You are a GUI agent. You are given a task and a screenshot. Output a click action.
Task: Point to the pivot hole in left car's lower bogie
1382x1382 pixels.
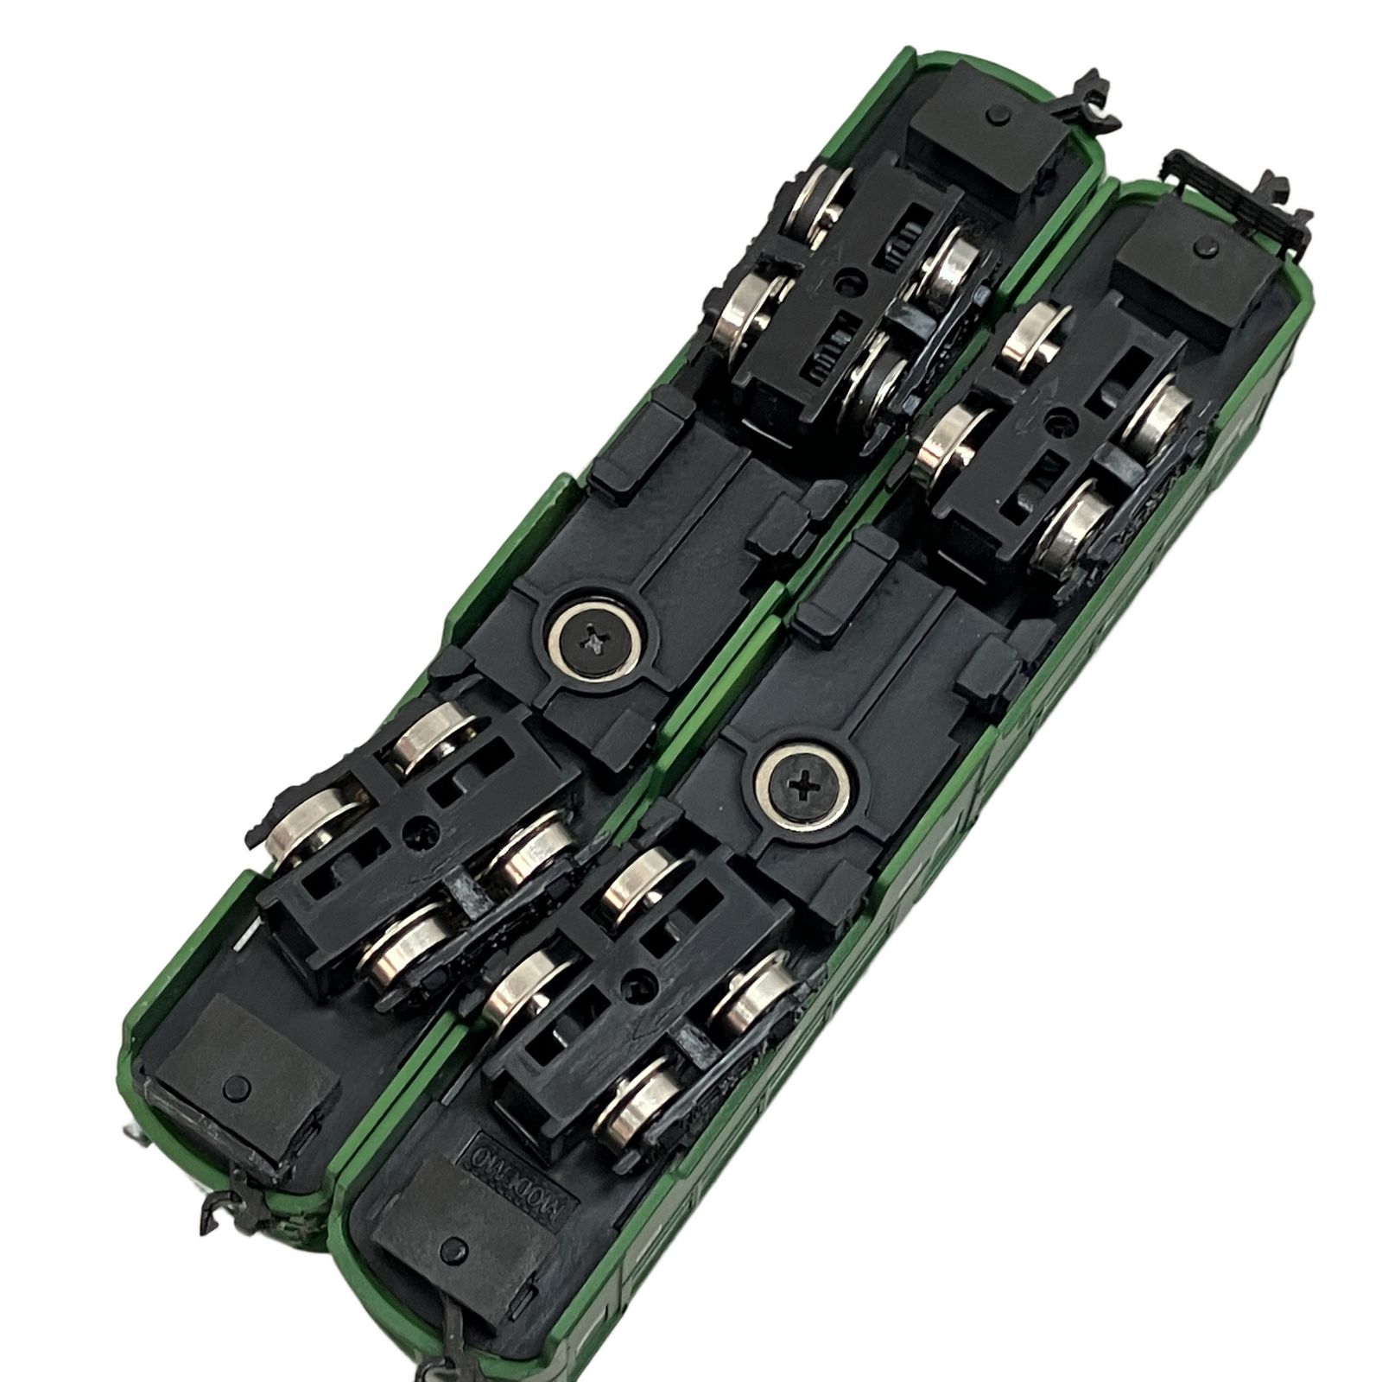coord(423,831)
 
